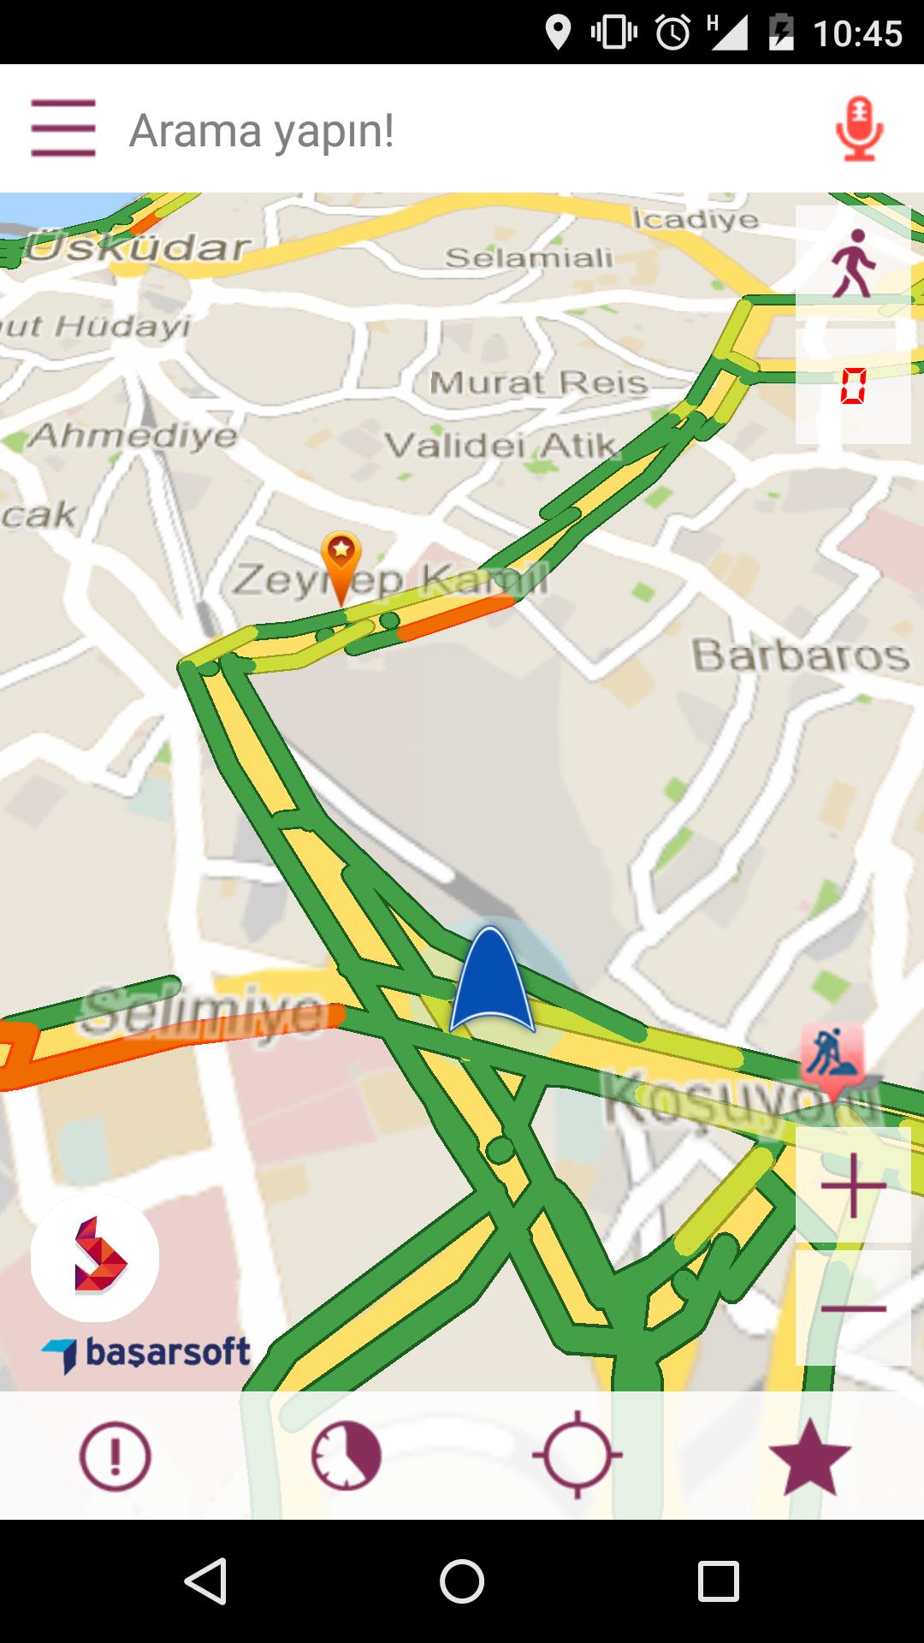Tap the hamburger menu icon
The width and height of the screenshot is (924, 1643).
pyautogui.click(x=62, y=128)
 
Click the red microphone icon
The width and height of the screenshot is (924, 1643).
pyautogui.click(x=859, y=129)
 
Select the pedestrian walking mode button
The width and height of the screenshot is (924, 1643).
pyautogui.click(x=853, y=263)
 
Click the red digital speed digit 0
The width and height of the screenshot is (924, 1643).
pyautogui.click(x=853, y=386)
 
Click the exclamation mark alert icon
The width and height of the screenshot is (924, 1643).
pyautogui.click(x=115, y=1456)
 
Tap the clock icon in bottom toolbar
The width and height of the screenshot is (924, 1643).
pyautogui.click(x=346, y=1456)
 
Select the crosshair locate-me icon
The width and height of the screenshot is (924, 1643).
pyautogui.click(x=577, y=1455)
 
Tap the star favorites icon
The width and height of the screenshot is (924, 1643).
pyautogui.click(x=808, y=1456)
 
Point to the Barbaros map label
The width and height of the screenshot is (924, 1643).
pyautogui.click(x=800, y=655)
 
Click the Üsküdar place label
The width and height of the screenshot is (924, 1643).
pyautogui.click(x=137, y=248)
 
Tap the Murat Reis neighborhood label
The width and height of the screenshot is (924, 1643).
pyautogui.click(x=538, y=383)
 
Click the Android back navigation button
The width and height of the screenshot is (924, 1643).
pyautogui.click(x=206, y=1581)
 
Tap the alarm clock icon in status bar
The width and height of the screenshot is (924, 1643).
pyautogui.click(x=673, y=33)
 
